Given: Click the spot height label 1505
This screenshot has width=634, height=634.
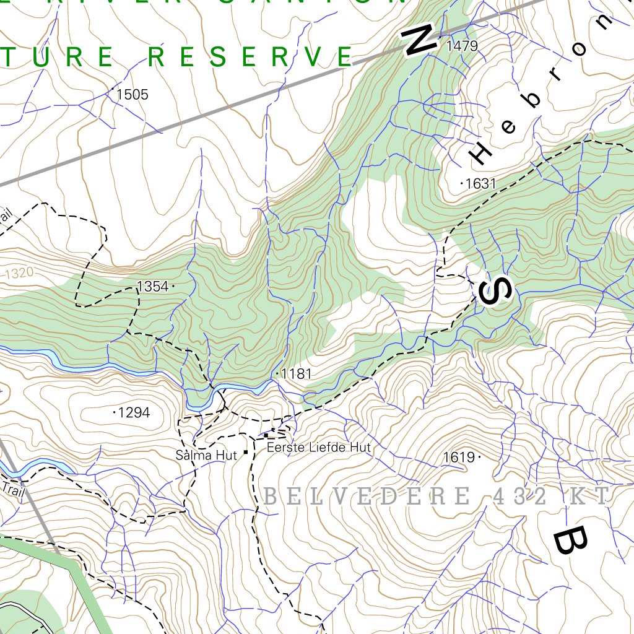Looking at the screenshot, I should click(132, 95).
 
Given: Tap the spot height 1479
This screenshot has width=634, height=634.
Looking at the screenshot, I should click(462, 46).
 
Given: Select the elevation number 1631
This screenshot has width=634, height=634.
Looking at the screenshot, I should click(481, 183).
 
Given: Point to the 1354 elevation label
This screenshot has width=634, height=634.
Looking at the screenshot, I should click(152, 286).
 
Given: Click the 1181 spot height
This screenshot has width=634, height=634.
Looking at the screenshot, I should click(296, 374).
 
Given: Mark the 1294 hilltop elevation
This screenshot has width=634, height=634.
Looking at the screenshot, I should click(134, 412).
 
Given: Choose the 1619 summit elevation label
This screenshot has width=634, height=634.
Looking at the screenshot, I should click(459, 458).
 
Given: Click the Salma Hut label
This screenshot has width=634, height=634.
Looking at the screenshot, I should click(206, 456).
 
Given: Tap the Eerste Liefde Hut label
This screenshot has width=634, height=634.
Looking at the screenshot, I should click(318, 447).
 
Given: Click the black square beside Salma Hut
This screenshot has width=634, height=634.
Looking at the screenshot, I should click(246, 453).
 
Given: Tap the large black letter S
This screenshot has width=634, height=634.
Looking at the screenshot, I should click(496, 290).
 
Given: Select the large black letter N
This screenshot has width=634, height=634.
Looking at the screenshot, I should click(420, 41).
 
